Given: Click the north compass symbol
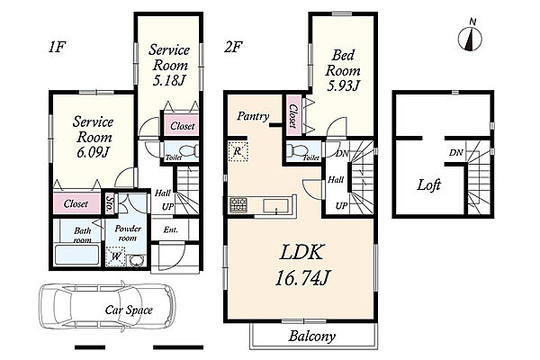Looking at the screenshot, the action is (x=470, y=36).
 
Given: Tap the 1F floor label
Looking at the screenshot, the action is (x=57, y=47).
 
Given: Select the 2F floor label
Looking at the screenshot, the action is (x=233, y=47).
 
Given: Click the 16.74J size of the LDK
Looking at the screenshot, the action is (x=302, y=278).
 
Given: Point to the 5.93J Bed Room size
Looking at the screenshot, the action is (x=343, y=85).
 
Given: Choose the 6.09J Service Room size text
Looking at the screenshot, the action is (x=93, y=152).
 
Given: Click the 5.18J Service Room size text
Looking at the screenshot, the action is (x=169, y=80).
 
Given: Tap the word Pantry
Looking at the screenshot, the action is (x=253, y=116).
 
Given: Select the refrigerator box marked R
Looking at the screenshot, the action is (x=238, y=151).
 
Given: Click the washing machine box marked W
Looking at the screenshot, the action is (x=116, y=256).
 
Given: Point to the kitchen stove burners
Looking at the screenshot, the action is (x=238, y=204).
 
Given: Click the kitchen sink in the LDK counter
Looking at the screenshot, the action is (x=275, y=206).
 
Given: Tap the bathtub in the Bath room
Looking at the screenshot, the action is (x=77, y=256).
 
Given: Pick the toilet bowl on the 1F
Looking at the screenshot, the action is (x=189, y=150).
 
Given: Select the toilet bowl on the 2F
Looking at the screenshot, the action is (x=296, y=150).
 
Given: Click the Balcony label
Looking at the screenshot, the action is (x=312, y=337).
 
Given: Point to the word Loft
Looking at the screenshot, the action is (x=428, y=185).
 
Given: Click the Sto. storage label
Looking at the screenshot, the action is (x=110, y=203).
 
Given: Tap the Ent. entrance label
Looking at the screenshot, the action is (x=171, y=229).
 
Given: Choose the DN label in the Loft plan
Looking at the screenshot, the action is (x=456, y=152).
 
